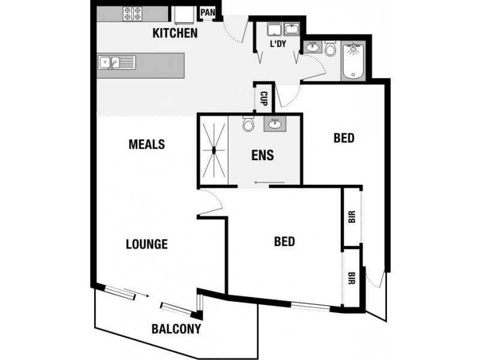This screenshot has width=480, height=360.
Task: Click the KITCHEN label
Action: [175, 33]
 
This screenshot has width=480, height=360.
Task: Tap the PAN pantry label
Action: [208, 12]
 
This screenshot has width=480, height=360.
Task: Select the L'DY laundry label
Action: [278, 45]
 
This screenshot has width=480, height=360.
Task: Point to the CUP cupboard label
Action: [263, 98]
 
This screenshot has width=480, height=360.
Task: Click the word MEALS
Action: [146, 145]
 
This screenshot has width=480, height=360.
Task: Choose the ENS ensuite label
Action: [262, 155]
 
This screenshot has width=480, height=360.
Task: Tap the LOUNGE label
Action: [146, 244]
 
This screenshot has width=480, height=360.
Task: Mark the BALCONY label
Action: [176, 329]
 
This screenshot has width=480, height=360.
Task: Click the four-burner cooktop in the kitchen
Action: [131, 13]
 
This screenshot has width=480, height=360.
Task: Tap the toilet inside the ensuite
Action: [248, 125]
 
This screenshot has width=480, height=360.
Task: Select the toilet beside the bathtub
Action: [331, 49]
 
